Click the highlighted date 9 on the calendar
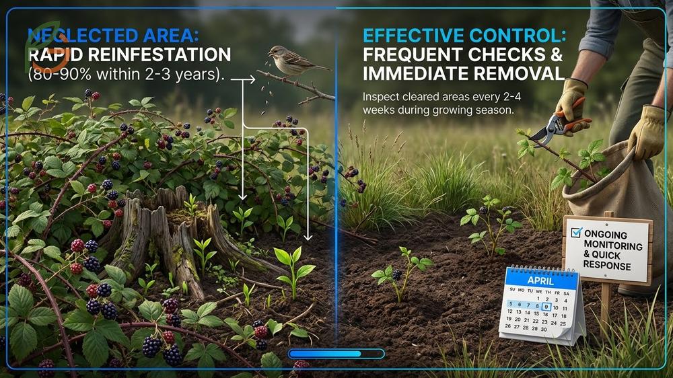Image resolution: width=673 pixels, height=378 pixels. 546,307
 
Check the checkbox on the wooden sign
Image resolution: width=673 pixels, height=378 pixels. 576,233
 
